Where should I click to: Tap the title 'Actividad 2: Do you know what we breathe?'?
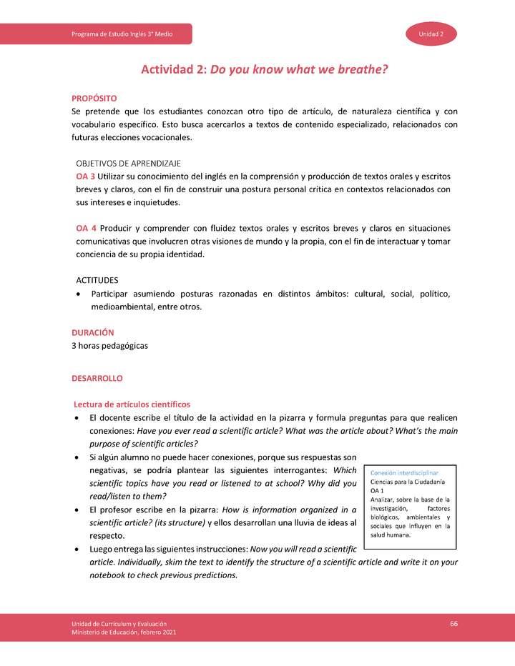264,69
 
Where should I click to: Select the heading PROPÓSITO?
94,98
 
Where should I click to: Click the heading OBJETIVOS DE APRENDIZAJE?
128,163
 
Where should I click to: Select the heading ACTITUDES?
97,280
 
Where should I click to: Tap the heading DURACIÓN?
92,332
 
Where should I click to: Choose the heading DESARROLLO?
97,377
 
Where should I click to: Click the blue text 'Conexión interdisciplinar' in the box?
404,473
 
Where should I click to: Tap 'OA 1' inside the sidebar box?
377,491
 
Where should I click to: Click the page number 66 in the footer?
453,624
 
